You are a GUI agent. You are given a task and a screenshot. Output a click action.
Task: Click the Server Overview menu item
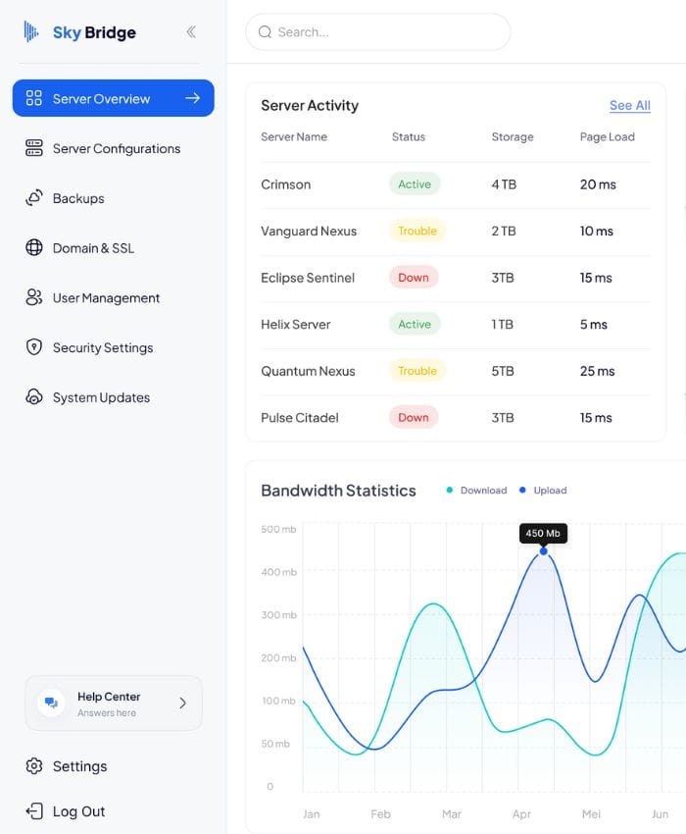(113, 98)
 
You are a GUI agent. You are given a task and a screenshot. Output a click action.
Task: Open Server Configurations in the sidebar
(103, 148)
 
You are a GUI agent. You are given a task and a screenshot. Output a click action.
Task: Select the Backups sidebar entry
(65, 198)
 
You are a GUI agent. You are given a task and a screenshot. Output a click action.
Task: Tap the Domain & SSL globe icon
(34, 248)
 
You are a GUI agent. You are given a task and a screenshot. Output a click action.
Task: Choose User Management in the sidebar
(92, 298)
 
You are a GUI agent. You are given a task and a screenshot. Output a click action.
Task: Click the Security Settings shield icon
(34, 347)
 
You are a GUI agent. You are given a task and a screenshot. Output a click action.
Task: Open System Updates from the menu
(87, 397)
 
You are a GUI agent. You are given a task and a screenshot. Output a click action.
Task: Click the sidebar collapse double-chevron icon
(191, 32)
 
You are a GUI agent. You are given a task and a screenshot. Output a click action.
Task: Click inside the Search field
(378, 32)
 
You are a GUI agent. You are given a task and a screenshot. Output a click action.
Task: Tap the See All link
(630, 105)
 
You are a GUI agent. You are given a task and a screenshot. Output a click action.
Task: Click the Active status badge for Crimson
(415, 184)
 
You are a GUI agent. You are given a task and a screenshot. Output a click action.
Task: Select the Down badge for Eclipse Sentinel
(414, 278)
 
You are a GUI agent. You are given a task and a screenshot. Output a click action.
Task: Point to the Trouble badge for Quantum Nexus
(417, 371)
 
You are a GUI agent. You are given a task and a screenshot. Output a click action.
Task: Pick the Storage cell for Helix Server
(502, 325)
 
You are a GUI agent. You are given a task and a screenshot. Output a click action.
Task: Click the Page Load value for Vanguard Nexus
(596, 231)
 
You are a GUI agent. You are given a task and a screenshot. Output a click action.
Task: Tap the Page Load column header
(608, 136)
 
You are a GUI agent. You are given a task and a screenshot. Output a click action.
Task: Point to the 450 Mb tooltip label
(543, 533)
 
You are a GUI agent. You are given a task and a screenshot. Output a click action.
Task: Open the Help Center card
(114, 704)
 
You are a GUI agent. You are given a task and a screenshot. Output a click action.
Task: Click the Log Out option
(66, 811)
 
